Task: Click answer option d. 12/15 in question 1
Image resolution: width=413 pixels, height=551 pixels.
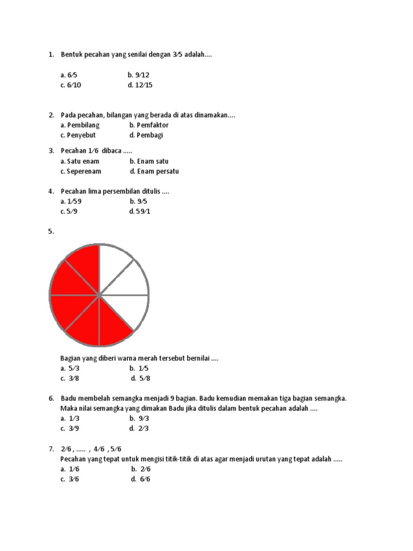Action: [x=140, y=85]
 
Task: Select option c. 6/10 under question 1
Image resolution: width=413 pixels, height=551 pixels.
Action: [x=71, y=85]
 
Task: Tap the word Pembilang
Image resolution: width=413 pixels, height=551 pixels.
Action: [x=83, y=125]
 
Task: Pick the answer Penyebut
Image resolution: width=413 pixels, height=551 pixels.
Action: [x=81, y=135]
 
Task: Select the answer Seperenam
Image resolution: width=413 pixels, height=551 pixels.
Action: [x=83, y=171]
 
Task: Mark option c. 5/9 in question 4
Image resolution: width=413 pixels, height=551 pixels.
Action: [x=71, y=211]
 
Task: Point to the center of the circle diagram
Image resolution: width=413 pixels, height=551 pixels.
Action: [x=99, y=295]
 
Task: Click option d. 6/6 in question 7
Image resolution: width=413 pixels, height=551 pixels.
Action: [x=140, y=479]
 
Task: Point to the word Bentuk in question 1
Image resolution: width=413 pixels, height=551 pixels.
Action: [x=72, y=55]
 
